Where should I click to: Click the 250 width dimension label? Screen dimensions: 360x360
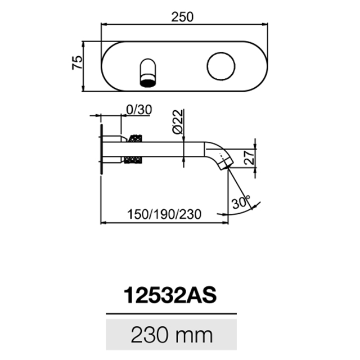pyautogui.click(x=182, y=17)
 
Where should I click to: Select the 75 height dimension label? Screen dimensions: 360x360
pyautogui.click(x=77, y=62)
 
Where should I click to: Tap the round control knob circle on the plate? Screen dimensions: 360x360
pyautogui.click(x=221, y=66)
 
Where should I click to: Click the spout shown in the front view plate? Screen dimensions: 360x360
pyautogui.click(x=147, y=73)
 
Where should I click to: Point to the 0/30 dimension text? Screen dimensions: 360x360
pyautogui.click(x=139, y=110)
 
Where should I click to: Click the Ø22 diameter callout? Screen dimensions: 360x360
pyautogui.click(x=178, y=121)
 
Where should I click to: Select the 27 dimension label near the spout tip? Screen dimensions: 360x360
pyautogui.click(x=250, y=157)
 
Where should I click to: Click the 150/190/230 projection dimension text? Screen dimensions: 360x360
pyautogui.click(x=164, y=214)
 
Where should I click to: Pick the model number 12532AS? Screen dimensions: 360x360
pyautogui.click(x=170, y=295)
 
